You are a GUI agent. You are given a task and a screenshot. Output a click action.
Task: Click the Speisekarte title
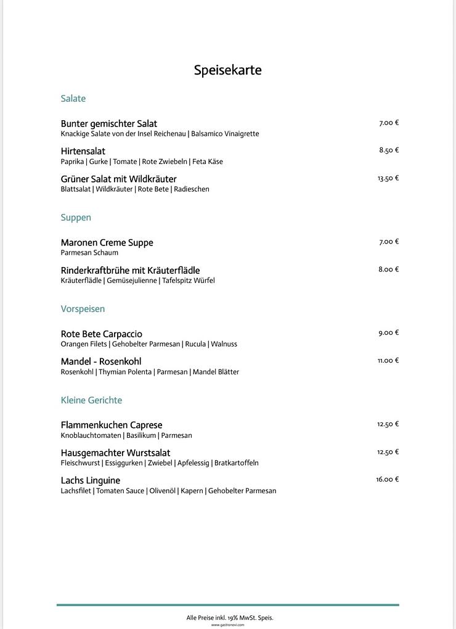tap(227, 70)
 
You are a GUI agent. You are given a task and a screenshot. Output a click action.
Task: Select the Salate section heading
tap(73, 99)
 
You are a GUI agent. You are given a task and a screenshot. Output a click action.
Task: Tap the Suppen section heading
tap(76, 218)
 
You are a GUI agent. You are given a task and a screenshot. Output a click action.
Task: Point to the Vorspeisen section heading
tap(83, 309)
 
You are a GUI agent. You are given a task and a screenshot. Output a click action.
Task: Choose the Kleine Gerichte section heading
tap(91, 400)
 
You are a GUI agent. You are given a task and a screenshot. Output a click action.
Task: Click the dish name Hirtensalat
tap(83, 151)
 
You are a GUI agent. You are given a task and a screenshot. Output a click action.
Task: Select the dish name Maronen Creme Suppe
tap(107, 243)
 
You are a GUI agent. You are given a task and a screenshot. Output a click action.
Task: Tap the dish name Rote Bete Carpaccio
tap(101, 334)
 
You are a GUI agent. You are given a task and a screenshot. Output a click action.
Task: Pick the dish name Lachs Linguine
tap(91, 480)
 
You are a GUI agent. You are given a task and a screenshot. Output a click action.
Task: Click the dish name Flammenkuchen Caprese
tap(112, 425)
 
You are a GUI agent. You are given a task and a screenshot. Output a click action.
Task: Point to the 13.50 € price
tap(388, 178)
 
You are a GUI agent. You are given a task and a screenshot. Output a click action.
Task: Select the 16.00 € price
tap(388, 479)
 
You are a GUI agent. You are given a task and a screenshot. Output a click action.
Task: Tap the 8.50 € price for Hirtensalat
tap(389, 150)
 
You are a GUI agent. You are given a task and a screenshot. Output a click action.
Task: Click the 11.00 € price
tap(388, 361)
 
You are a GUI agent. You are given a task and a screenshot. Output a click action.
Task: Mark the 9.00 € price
tap(389, 333)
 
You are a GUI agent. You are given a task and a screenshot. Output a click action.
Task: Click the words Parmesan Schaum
tap(89, 253)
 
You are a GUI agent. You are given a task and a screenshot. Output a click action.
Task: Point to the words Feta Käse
tap(208, 162)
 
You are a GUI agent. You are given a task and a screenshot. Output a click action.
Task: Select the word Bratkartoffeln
tap(237, 463)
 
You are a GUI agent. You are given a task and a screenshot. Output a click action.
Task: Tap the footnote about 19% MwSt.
tap(230, 617)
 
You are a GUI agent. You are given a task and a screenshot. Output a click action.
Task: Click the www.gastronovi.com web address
tap(228, 625)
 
